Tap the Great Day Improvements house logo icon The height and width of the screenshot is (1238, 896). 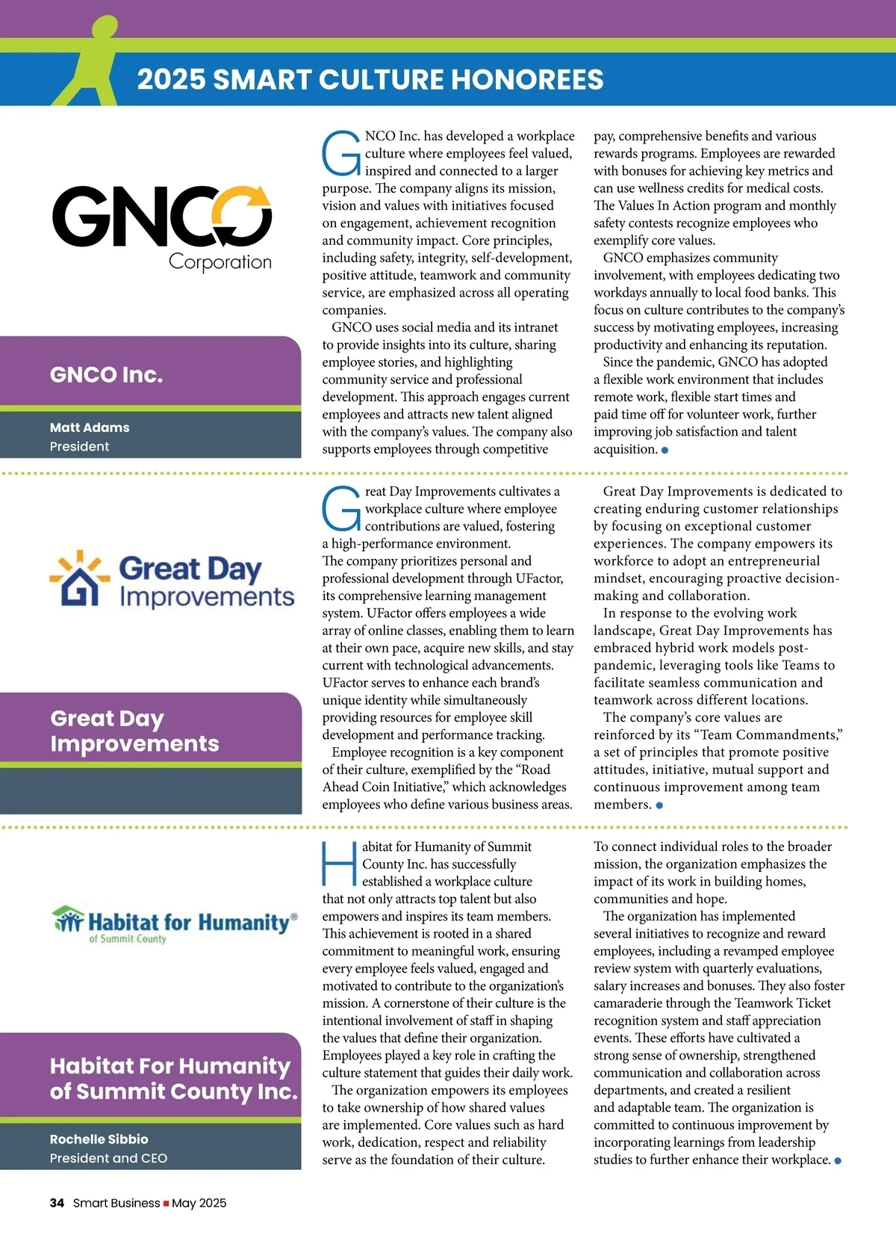pos(75,578)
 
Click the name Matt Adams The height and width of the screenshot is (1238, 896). pos(90,427)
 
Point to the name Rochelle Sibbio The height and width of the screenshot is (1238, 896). pos(99,1139)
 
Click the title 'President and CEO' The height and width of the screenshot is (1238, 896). pos(108,1158)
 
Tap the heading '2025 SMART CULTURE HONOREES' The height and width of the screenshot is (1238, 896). pos(370,79)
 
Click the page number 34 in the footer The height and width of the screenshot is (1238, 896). pos(57,1203)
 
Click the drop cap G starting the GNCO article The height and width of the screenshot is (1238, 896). pos(341,153)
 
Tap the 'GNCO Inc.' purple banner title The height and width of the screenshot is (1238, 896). pos(106,374)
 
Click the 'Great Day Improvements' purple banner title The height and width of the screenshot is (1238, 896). pos(134,731)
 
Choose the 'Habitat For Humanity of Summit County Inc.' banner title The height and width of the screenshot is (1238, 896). pos(173,1078)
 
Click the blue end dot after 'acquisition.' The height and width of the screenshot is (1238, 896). pos(665,450)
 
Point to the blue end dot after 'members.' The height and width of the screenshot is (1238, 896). pos(659,805)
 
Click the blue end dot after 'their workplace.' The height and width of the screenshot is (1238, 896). pos(838,1161)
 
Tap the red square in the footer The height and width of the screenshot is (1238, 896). pos(166,1204)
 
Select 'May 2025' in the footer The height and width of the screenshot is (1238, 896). pos(199,1203)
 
